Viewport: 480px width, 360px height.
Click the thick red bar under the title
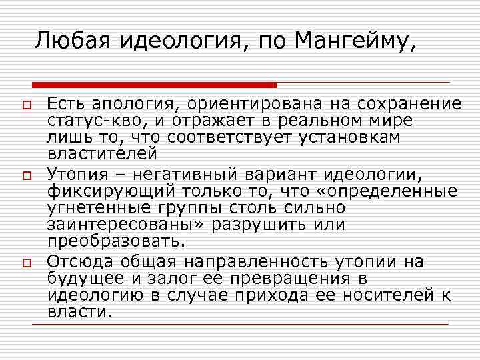[x=154, y=85]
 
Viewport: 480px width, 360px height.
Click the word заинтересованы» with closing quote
[x=119, y=225]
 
